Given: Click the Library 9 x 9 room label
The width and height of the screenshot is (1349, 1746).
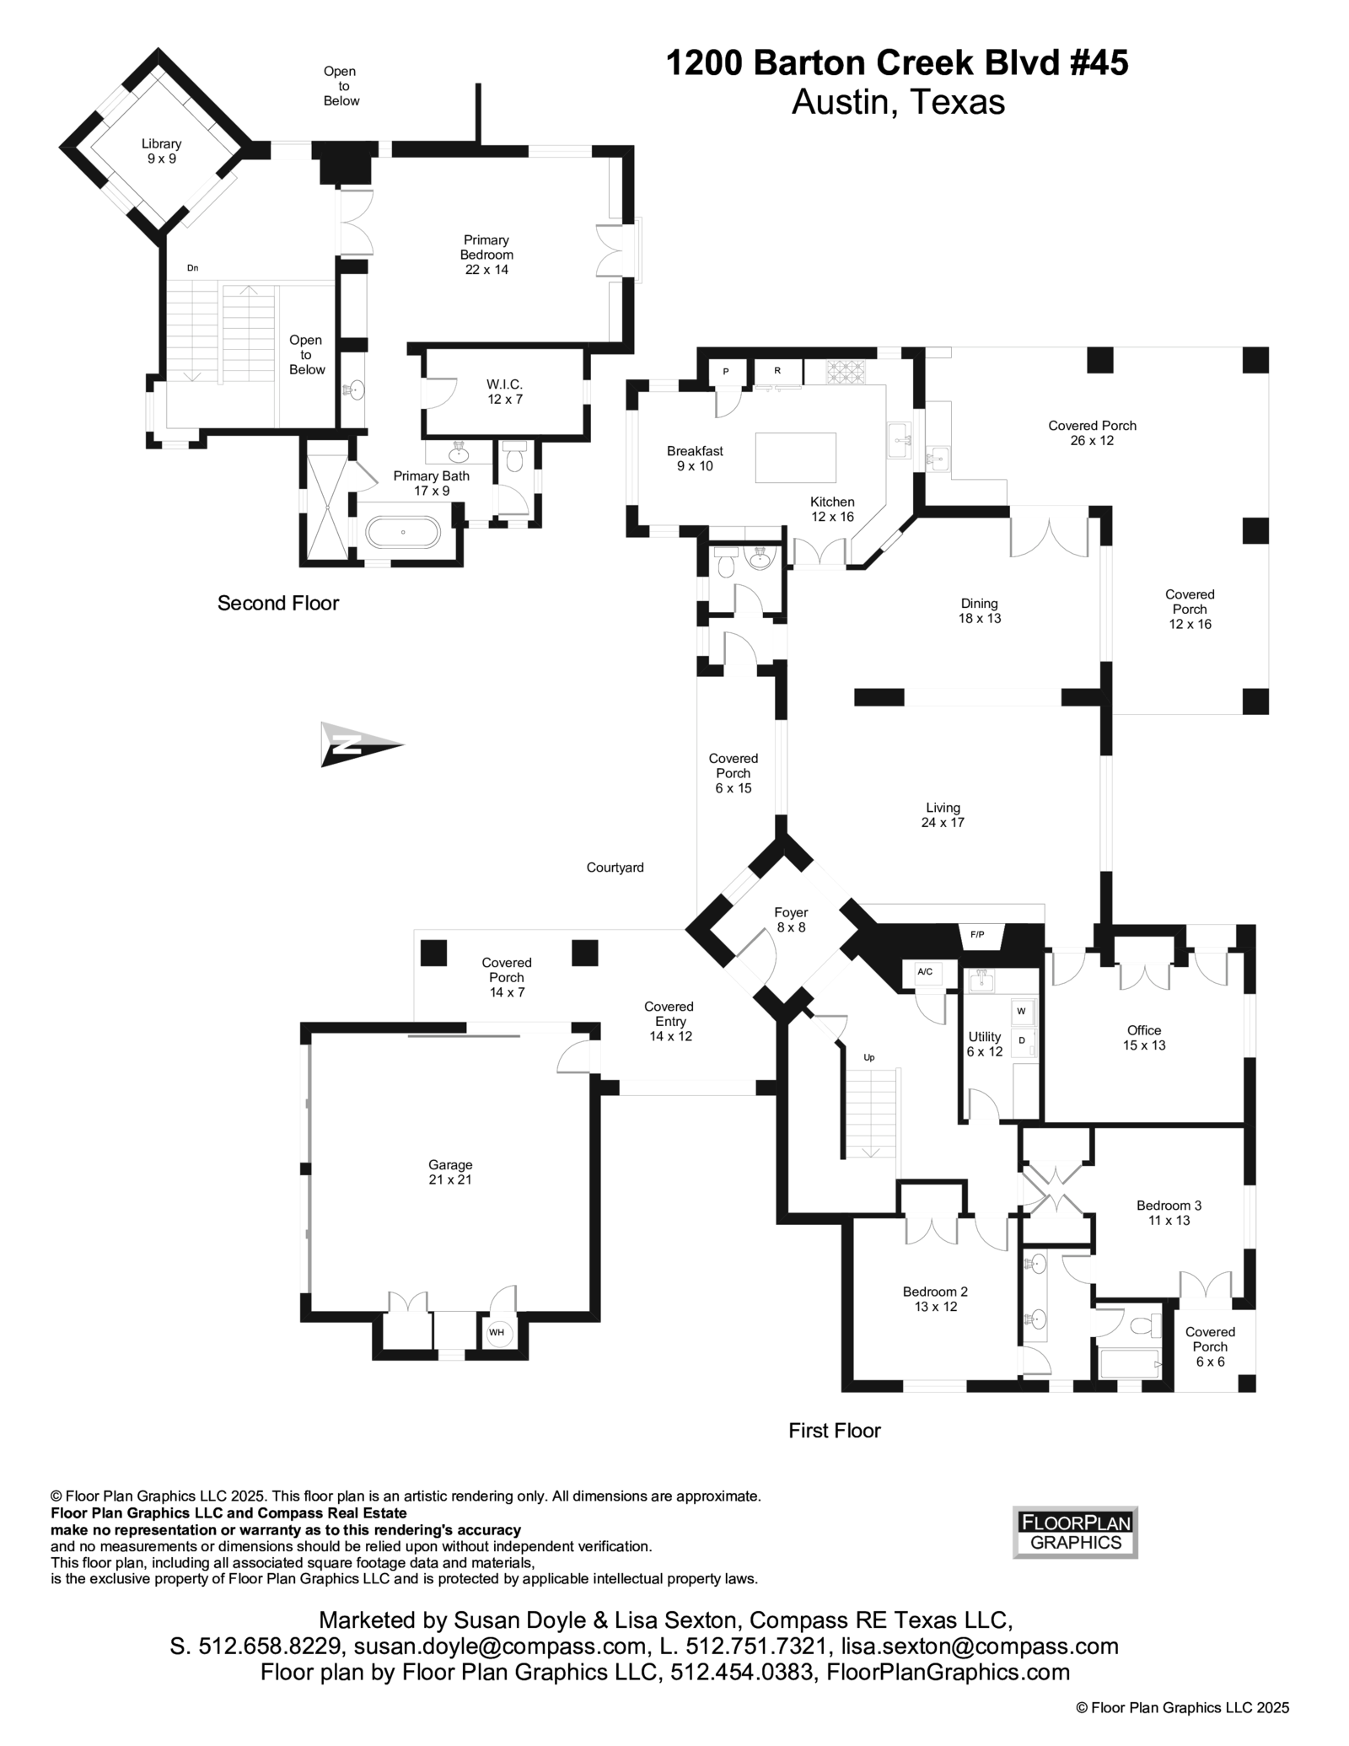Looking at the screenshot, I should coord(160,152).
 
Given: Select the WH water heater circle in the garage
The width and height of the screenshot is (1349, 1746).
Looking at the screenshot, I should coord(497,1333).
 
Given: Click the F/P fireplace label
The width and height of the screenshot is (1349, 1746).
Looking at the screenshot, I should coord(978,935).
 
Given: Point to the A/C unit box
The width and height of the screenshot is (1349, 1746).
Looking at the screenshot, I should coord(925,972).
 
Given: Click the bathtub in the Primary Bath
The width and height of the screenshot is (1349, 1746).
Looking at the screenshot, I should coord(403,533).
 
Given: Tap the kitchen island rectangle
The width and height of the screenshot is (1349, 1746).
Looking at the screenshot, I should coord(795,458).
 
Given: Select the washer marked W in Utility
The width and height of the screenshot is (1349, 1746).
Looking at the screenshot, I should coord(1022,1011).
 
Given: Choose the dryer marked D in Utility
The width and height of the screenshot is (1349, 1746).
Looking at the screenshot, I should coord(1022,1041).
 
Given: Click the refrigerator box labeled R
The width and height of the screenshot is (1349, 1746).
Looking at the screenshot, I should coord(777,371).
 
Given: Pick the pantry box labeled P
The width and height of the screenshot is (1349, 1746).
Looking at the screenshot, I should coord(726,372).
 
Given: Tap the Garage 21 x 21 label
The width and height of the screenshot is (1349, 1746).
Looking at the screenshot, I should coord(450,1172).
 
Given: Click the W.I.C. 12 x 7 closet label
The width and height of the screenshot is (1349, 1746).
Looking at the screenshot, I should coord(504,392).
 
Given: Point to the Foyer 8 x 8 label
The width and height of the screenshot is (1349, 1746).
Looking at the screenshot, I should coord(791,920).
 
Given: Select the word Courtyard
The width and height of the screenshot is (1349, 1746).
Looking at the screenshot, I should coord(615,868).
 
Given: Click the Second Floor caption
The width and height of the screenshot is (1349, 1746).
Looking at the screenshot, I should coord(278,604).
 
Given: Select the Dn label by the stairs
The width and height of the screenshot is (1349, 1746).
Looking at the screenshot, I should coord(192,268).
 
